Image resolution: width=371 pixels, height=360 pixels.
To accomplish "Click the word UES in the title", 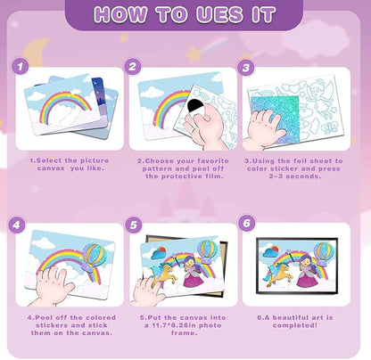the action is pos(219,14).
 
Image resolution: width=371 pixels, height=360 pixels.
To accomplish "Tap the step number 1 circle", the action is pos(21,66).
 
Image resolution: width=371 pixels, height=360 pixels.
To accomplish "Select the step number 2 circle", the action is pos(133,66).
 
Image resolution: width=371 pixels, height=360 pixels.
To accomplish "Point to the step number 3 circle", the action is pos(245,68).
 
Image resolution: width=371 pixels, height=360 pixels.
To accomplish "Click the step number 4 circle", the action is pos(16,225).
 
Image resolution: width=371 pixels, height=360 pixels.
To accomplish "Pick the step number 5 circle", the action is pos(134,225).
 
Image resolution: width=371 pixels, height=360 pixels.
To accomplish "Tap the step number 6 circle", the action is pos(247,223).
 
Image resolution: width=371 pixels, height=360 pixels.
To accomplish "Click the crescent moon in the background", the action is pos(35,51).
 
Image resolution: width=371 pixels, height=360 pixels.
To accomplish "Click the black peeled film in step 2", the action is pos(197,107).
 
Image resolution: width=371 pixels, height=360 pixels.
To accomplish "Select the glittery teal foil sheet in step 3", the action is pos(275,119).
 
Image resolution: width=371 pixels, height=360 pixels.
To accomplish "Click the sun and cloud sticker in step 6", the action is pos(271,251).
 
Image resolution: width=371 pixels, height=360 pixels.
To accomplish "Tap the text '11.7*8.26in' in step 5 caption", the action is pos(170,325).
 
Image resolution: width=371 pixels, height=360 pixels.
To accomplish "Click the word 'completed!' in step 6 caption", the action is pos(295,325).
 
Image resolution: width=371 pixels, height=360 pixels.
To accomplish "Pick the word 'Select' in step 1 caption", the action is pos(49,160).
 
